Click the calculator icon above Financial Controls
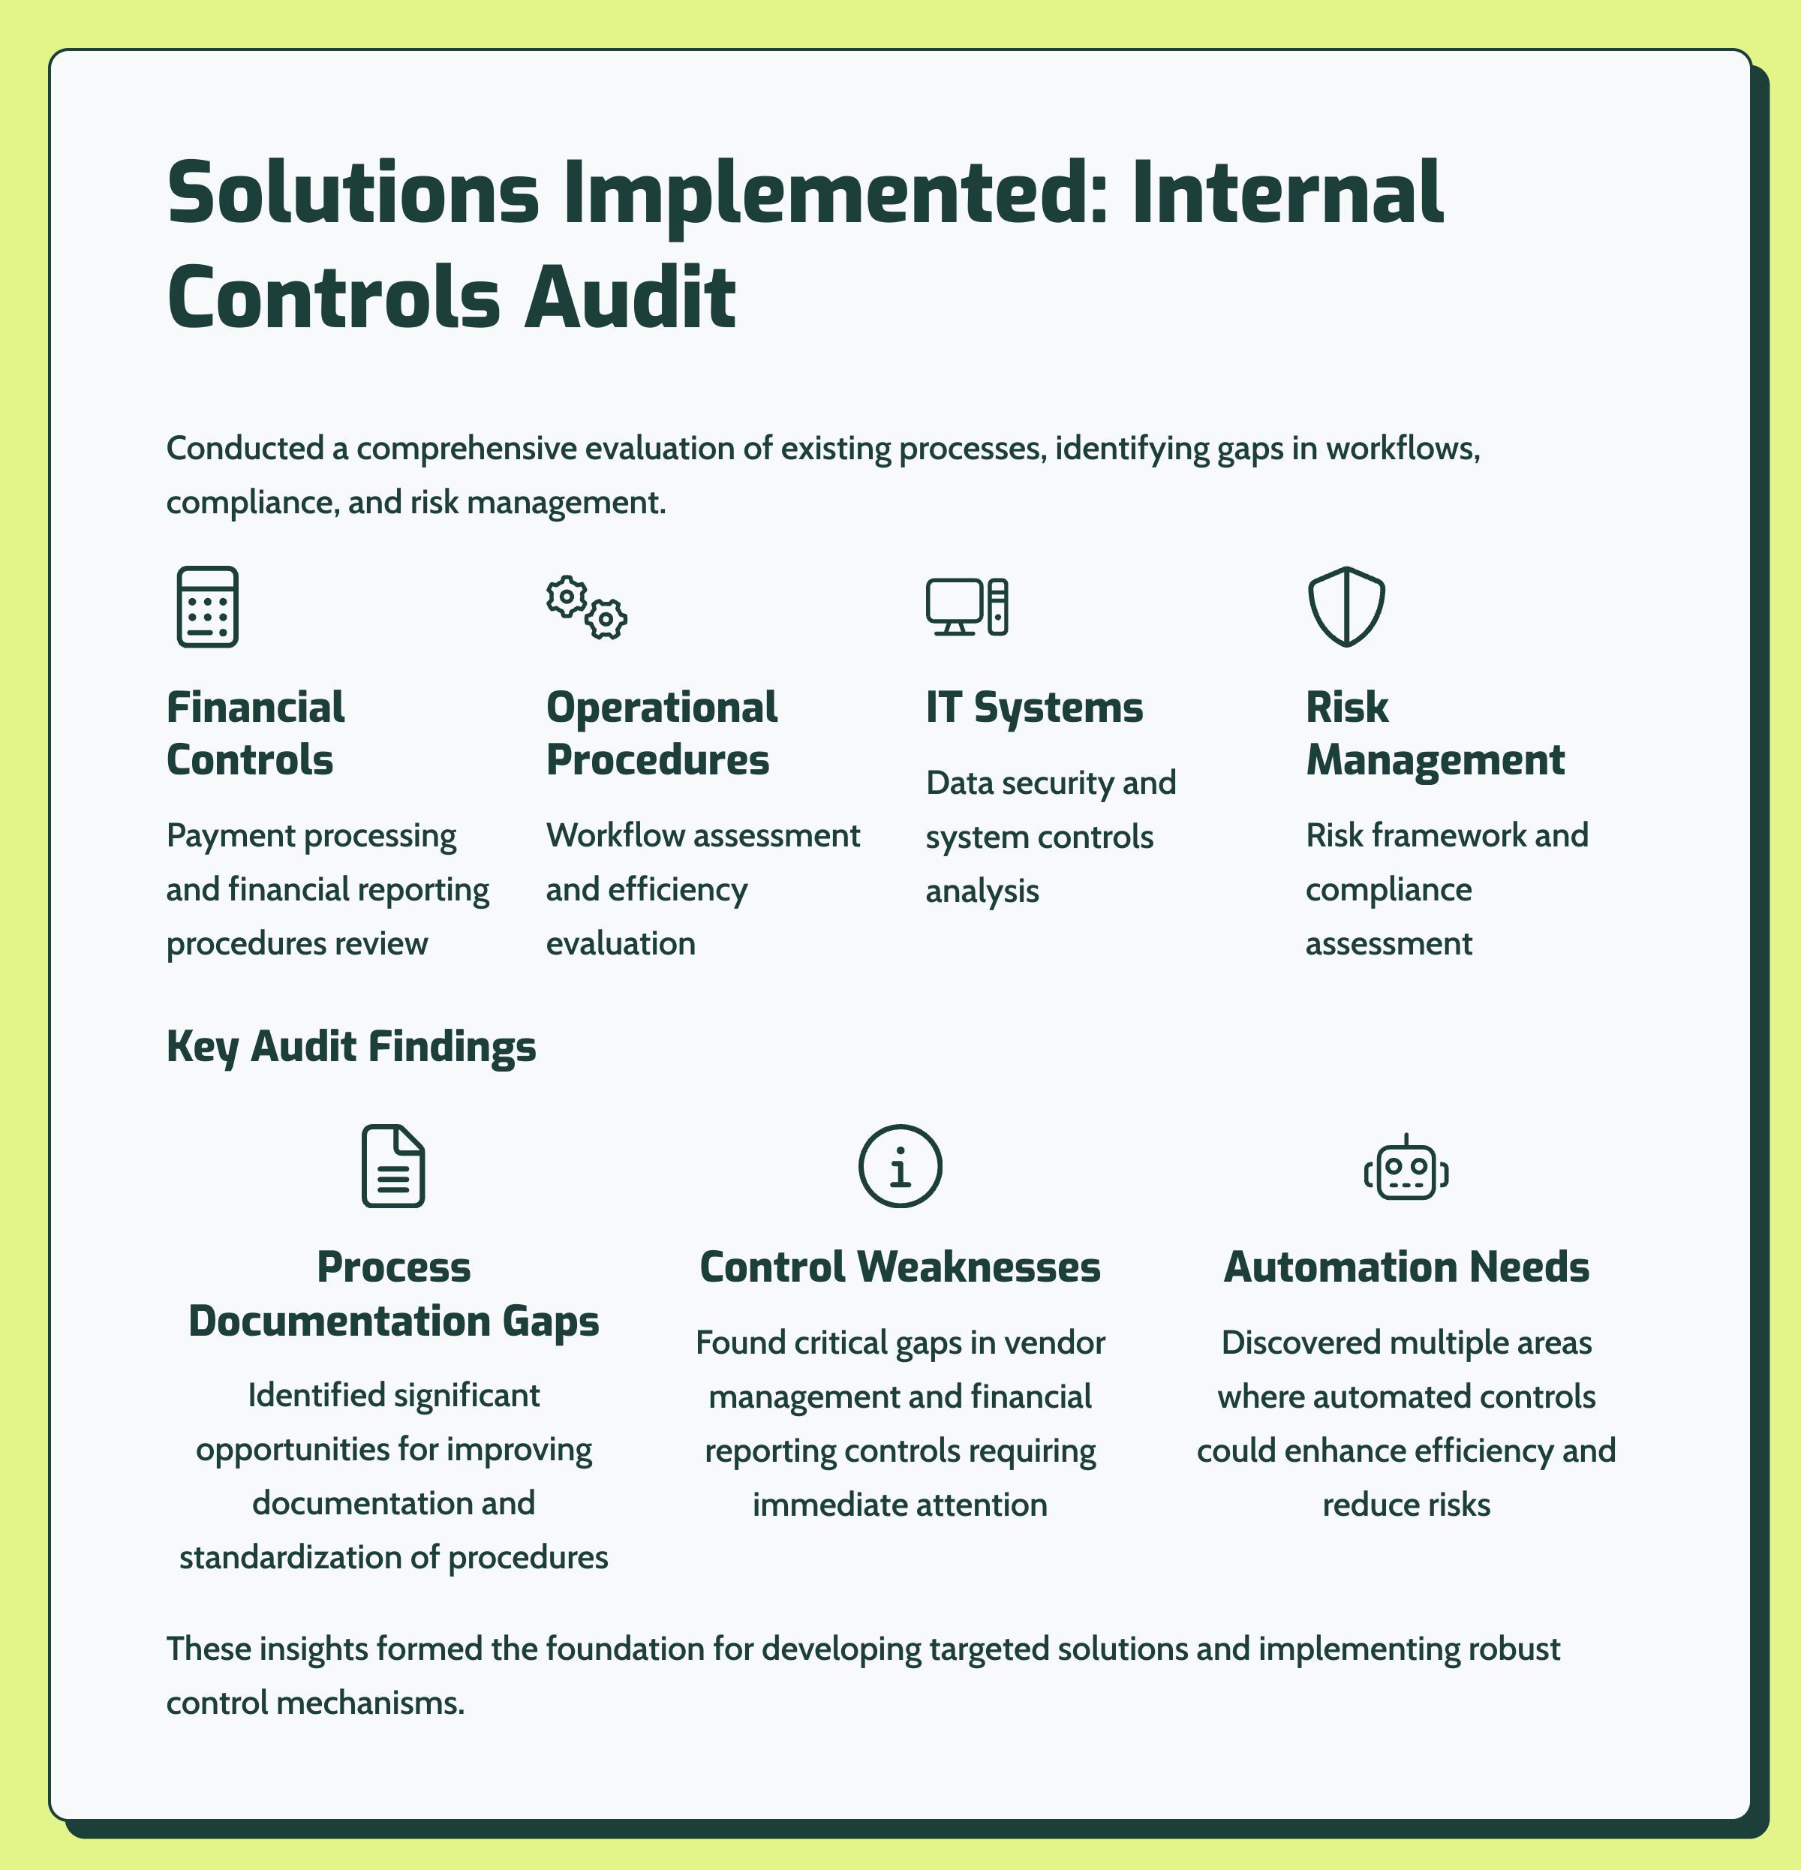click(207, 607)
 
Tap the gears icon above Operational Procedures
click(587, 607)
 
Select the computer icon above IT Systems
click(967, 607)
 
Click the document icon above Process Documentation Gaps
click(393, 1166)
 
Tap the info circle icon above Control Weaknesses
click(900, 1166)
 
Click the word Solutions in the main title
click(353, 193)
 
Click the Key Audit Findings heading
click(351, 1047)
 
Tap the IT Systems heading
click(1034, 708)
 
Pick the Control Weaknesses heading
click(900, 1267)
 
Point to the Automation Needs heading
click(1406, 1267)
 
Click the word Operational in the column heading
click(662, 708)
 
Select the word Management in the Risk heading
click(1435, 760)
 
